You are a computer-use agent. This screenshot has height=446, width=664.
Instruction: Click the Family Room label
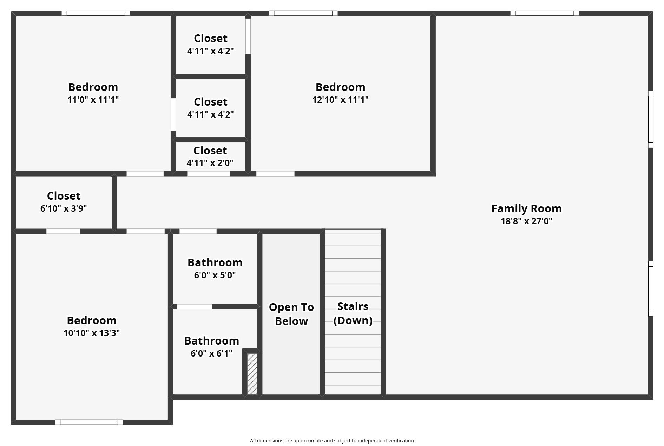526,208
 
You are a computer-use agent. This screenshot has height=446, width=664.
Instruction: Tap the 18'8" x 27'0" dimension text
526,221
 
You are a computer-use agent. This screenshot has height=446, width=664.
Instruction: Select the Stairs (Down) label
353,313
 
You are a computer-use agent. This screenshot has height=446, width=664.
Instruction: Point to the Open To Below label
291,314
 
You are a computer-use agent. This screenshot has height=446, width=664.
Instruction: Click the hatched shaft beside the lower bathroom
252,374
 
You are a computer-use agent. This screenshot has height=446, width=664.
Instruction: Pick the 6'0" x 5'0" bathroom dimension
215,275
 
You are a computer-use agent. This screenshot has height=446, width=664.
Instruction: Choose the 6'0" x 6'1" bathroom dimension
211,353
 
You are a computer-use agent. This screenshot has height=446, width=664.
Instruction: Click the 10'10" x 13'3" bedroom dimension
92,333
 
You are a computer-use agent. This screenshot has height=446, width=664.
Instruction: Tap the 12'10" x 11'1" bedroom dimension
340,100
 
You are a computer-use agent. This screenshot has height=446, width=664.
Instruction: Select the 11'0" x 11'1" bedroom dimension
93,100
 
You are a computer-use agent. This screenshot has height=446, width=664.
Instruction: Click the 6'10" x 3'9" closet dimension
64,208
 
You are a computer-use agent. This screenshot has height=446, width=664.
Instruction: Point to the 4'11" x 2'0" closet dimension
210,163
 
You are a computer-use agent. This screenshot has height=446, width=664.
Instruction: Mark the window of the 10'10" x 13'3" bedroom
89,422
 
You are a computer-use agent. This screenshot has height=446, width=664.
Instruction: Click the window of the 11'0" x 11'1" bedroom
96,13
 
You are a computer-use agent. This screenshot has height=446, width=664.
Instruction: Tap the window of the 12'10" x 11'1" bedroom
303,13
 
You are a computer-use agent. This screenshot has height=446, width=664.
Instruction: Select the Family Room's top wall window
545,13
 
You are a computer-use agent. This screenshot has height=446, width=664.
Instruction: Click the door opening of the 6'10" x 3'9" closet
63,231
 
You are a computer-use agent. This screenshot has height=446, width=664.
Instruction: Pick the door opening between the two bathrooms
194,307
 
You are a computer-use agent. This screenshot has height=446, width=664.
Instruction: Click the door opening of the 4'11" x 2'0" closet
209,174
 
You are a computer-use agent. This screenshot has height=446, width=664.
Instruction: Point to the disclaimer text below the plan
332,441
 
